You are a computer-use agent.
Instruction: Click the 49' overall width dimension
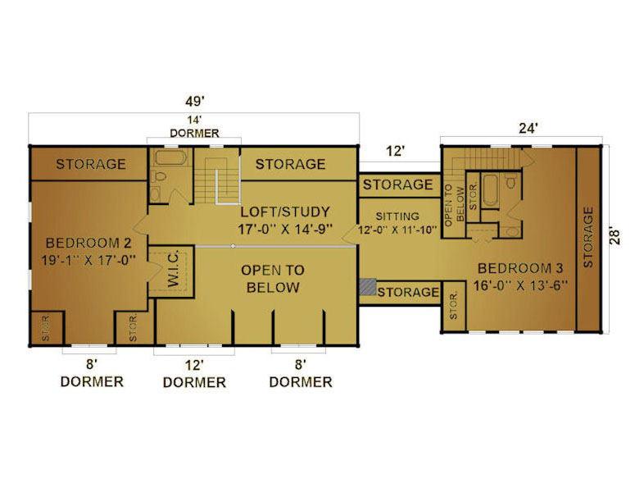[195, 101]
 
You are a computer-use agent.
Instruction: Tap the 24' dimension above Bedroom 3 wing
[528, 128]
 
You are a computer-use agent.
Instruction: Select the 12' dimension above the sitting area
[395, 151]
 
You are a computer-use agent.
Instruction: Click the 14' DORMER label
[194, 126]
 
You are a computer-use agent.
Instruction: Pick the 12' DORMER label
[194, 375]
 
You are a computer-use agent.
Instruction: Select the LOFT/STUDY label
[285, 212]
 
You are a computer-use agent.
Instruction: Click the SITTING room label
[397, 216]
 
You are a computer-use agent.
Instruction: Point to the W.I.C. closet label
[174, 269]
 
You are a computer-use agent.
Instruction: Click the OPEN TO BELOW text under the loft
[273, 279]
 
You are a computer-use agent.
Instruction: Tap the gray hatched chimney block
[368, 286]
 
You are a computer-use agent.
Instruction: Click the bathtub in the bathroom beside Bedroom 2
[171, 157]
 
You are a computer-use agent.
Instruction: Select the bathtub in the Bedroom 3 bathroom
[491, 190]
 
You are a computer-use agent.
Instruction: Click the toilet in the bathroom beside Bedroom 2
[159, 176]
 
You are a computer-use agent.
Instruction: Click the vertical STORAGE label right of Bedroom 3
[588, 237]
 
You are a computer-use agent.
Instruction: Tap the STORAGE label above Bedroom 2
[91, 164]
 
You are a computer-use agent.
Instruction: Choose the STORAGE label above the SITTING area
[397, 184]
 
